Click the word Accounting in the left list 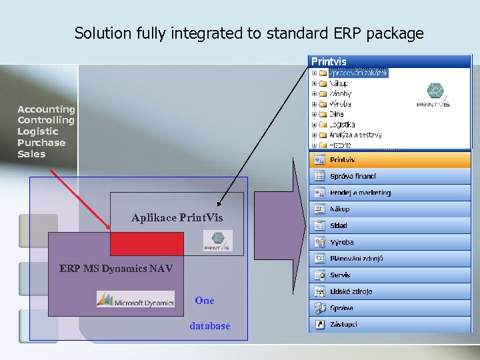tap(46, 109)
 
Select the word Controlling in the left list tap(46, 120)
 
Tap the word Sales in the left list tap(31, 154)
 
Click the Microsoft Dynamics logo tap(135, 300)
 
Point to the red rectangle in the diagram tap(137, 244)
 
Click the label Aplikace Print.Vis tap(177, 218)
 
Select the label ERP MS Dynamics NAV tap(116, 269)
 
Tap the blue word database tap(209, 326)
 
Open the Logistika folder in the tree tap(341, 124)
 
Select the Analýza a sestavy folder tap(355, 135)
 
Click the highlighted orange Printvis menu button tap(390, 160)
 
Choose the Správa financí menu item tap(353, 176)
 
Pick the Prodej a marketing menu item tap(360, 193)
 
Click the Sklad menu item tap(339, 226)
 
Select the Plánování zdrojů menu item tap(356, 259)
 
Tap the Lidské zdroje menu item tap(351, 291)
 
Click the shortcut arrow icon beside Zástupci tap(319, 324)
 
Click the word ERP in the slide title tap(345, 33)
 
